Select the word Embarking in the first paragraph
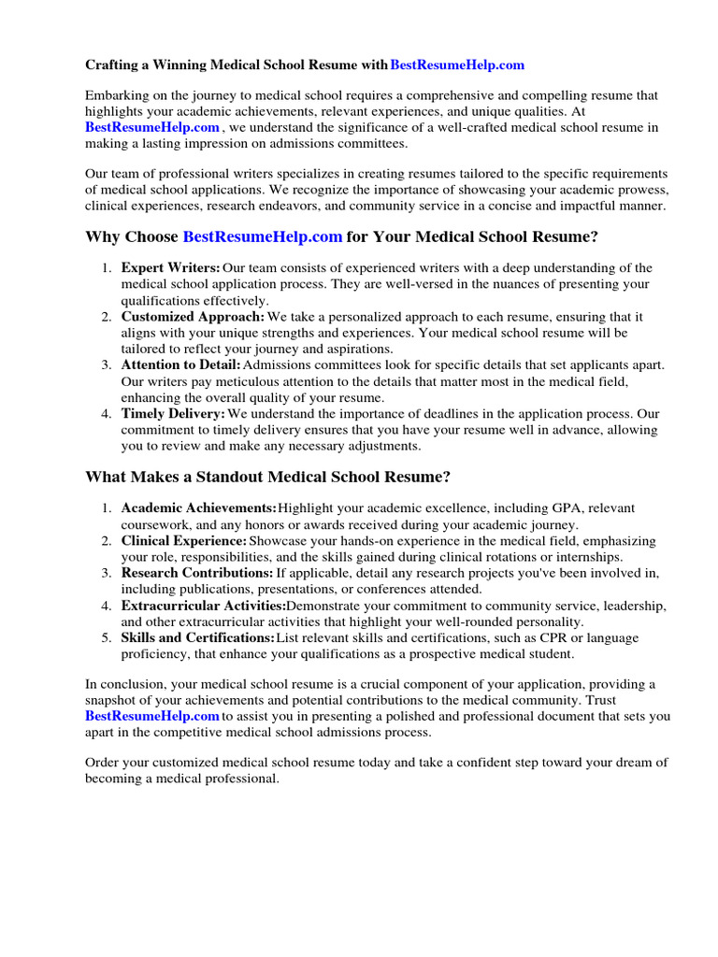pos(116,95)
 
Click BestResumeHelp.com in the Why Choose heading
pos(263,237)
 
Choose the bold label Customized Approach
pos(187,317)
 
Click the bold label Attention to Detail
pos(181,365)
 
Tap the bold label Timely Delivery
pos(173,414)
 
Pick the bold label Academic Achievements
pos(199,507)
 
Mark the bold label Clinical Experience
pos(184,541)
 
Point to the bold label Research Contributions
pos(197,573)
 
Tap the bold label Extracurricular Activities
pos(205,606)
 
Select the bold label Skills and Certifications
pos(198,637)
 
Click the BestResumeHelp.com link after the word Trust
pos(152,716)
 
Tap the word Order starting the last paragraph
pos(103,763)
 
